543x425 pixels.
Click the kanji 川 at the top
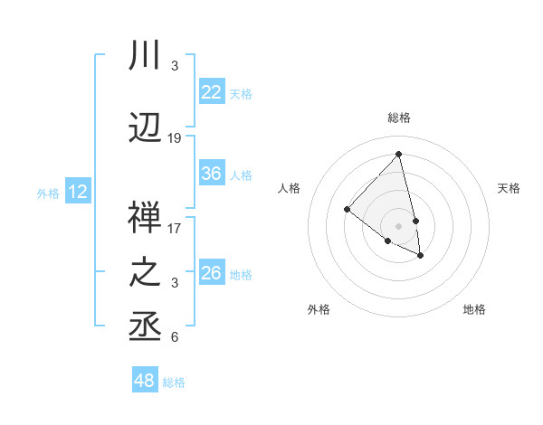146,57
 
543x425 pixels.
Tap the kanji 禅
146,217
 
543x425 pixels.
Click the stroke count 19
175,138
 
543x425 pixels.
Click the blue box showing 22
211,92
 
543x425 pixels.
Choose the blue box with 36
211,174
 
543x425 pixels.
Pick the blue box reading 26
211,273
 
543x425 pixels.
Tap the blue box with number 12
78,192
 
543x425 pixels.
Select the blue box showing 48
144,381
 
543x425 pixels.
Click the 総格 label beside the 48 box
174,382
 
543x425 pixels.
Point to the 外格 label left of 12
48,193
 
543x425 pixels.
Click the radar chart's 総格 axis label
398,118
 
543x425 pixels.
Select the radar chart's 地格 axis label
474,309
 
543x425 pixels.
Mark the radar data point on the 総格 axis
398,154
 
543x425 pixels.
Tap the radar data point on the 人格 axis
347,210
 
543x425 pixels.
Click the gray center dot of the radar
398,224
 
